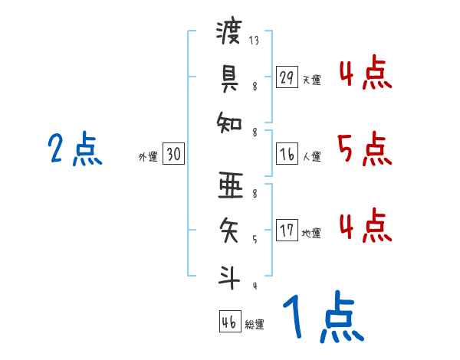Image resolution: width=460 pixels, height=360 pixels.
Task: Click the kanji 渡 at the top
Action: click(x=229, y=33)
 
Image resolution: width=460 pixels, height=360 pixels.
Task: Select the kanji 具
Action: click(x=229, y=76)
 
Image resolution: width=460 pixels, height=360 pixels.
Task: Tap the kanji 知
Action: click(x=229, y=121)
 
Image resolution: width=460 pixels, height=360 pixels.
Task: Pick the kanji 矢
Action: click(x=229, y=227)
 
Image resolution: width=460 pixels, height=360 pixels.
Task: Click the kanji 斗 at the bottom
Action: click(x=229, y=273)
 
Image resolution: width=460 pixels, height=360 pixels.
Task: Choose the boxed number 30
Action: click(x=173, y=155)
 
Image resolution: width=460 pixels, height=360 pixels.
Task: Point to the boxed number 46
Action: click(x=229, y=322)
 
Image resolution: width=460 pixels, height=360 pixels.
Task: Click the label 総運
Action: click(x=255, y=324)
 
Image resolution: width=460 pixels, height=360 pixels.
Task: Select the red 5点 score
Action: click(x=364, y=149)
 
